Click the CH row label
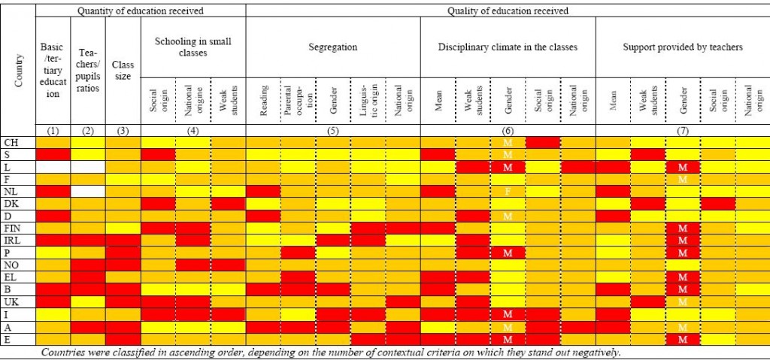[x=11, y=142]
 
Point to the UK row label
[x=11, y=301]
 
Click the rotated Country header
[x=19, y=69]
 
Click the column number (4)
[x=193, y=130]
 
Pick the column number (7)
[x=683, y=130]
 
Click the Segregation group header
[x=332, y=47]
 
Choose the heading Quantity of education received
[x=141, y=11]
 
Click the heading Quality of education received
[x=508, y=11]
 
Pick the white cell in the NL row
[x=88, y=191]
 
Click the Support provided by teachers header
[x=683, y=47]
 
